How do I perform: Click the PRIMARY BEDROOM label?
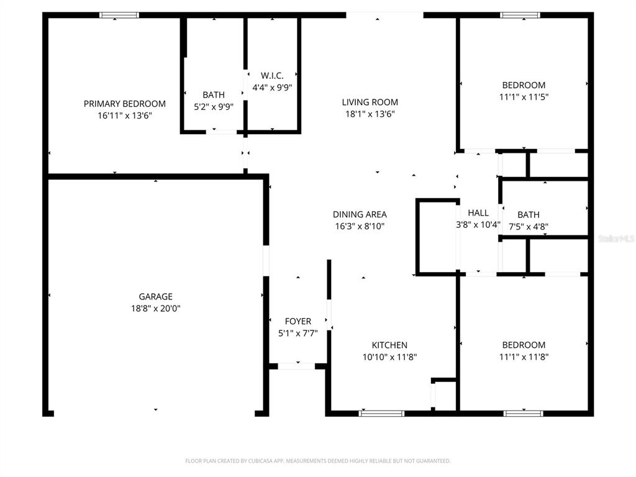(x=124, y=104)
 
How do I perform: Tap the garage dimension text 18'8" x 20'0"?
(x=156, y=308)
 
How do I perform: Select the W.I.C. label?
(x=272, y=75)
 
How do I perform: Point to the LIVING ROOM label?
(x=370, y=102)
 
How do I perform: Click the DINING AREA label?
(x=360, y=214)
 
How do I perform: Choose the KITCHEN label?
(x=389, y=345)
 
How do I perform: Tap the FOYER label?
(x=298, y=321)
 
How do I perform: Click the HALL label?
(x=478, y=213)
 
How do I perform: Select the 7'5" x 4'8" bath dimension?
(x=529, y=227)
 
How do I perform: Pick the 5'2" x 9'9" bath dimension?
(x=214, y=107)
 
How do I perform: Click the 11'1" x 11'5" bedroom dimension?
(x=524, y=97)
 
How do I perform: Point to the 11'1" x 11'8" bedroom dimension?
(x=524, y=357)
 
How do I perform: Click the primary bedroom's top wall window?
(x=119, y=16)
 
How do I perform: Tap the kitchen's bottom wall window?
(x=381, y=414)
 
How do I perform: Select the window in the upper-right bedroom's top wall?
(x=520, y=16)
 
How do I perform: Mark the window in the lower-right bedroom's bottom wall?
(x=523, y=414)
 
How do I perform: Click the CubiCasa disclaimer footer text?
(x=318, y=461)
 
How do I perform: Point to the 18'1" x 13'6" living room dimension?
(x=370, y=114)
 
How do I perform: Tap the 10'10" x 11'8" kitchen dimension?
(x=389, y=357)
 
